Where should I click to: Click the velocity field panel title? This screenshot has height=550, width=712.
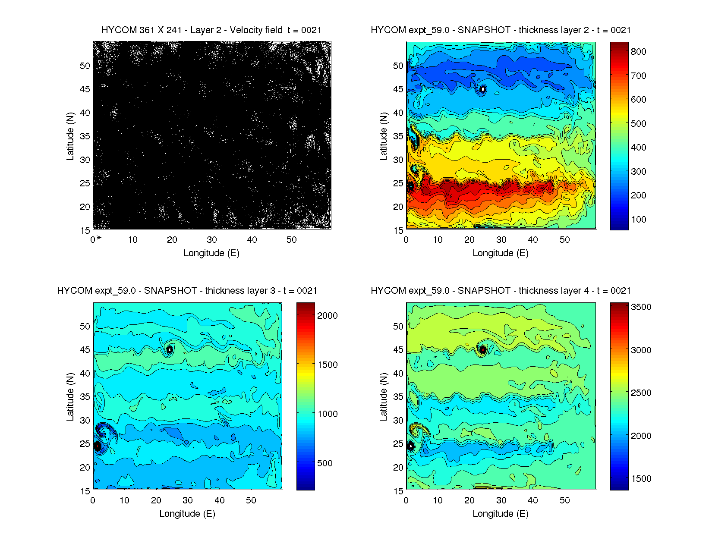click(211, 30)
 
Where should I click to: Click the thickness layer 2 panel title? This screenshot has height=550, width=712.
click(501, 30)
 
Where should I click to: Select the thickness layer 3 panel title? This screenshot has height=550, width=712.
click(187, 291)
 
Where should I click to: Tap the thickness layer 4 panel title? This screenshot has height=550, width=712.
click(501, 291)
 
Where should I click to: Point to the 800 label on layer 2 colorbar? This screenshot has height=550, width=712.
click(638, 52)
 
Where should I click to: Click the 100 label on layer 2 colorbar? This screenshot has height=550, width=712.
click(638, 220)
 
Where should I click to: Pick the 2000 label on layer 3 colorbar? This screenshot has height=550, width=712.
click(327, 316)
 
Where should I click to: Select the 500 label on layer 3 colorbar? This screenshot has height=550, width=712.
click(324, 463)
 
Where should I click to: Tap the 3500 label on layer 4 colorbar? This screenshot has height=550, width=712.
click(641, 307)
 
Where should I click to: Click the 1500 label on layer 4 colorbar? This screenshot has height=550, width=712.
click(641, 479)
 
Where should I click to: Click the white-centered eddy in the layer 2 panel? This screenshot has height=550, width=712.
click(483, 89)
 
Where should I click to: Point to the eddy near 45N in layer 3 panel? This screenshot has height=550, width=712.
click(170, 349)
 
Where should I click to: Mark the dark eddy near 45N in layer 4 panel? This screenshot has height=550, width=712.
click(483, 349)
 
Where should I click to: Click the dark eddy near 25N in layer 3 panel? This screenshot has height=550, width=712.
click(98, 446)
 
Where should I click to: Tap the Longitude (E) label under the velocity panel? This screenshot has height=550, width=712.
click(211, 253)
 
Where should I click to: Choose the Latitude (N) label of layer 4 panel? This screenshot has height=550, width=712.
click(383, 397)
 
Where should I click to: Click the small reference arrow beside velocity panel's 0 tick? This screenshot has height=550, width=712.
click(99, 238)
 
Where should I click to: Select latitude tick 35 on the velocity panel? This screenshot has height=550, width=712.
click(85, 136)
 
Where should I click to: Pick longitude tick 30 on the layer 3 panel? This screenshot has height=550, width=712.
click(188, 500)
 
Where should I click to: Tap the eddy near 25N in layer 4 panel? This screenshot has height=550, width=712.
click(410, 446)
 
